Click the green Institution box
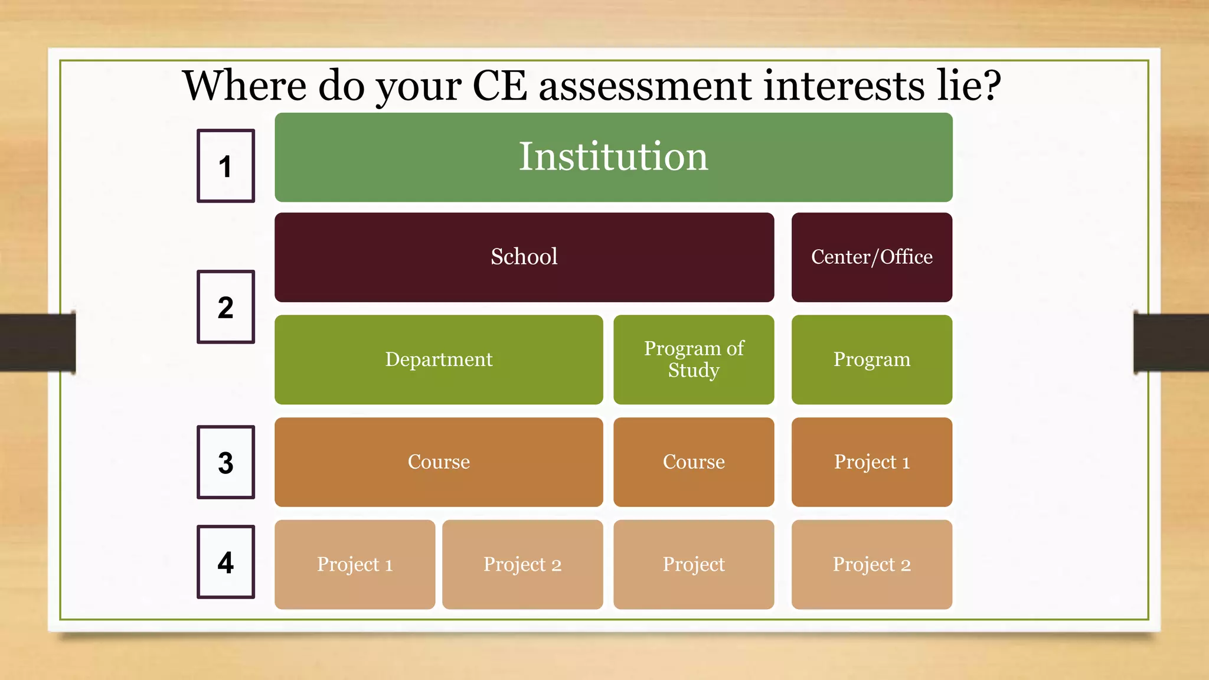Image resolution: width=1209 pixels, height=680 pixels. (x=613, y=158)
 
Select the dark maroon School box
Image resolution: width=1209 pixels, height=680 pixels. (x=524, y=257)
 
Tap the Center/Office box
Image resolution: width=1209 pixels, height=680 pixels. (x=871, y=257)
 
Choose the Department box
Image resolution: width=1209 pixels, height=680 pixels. (x=439, y=359)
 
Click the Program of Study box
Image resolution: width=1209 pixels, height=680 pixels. (x=694, y=359)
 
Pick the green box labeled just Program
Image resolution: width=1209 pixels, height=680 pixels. (x=871, y=359)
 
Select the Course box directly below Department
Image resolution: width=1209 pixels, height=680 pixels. (x=439, y=462)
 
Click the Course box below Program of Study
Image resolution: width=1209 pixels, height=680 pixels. (x=694, y=462)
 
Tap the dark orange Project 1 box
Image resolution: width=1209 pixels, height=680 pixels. (x=871, y=462)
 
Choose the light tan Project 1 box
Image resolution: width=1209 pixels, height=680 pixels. (x=355, y=564)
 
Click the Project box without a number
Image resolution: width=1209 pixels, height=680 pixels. (x=694, y=564)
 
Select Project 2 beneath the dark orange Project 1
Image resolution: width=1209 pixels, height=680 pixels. (x=871, y=564)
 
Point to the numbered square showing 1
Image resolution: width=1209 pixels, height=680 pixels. (x=226, y=166)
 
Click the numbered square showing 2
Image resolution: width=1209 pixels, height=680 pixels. (x=226, y=307)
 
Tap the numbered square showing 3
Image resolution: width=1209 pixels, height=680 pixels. (x=226, y=462)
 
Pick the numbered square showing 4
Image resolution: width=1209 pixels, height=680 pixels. (x=226, y=562)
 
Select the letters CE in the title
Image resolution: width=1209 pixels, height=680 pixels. (x=499, y=86)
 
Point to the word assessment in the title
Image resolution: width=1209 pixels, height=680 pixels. (x=645, y=86)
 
